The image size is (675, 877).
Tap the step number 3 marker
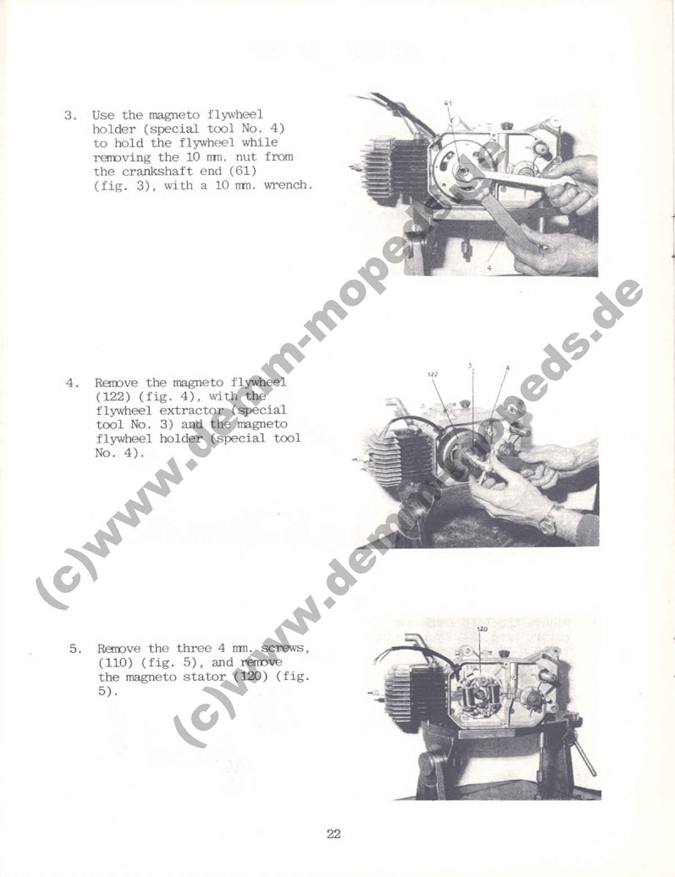[x=70, y=115]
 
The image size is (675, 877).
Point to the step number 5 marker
[x=75, y=649]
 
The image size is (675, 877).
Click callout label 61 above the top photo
[x=448, y=103]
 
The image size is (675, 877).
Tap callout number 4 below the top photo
[x=489, y=268]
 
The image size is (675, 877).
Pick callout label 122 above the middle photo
[x=432, y=375]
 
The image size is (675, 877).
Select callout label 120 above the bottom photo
[x=482, y=629]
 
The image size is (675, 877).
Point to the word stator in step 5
[x=204, y=677]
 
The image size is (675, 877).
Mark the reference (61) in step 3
[x=243, y=171]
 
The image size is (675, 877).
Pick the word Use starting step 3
[x=103, y=115]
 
